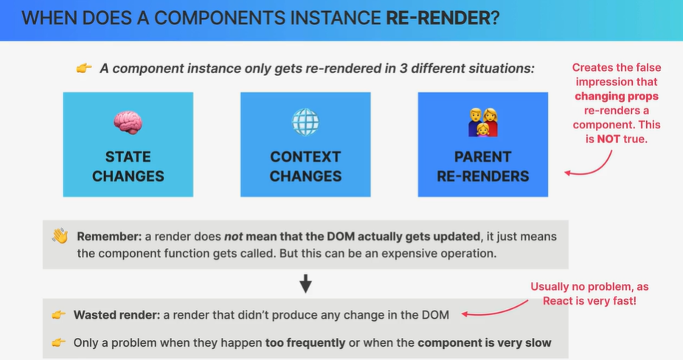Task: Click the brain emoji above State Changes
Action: pos(128,122)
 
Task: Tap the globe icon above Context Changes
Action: pos(305,122)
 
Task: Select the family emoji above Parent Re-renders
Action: pos(483,122)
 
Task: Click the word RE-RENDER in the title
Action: pos(438,18)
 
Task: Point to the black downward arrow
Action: pos(306,283)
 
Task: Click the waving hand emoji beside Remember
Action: pos(60,236)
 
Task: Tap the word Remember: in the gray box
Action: pos(109,237)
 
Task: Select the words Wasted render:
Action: pos(117,315)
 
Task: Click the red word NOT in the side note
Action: pos(609,139)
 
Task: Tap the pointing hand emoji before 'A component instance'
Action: pos(84,68)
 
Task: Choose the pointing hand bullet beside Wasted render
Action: pos(58,315)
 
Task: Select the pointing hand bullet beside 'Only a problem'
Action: pos(58,342)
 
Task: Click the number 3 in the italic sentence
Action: pos(403,69)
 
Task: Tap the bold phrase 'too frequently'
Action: pos(305,343)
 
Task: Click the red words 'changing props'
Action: pos(617,97)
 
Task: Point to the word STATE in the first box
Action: pos(128,157)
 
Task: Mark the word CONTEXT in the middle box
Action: pos(305,157)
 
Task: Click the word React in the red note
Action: pos(558,301)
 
